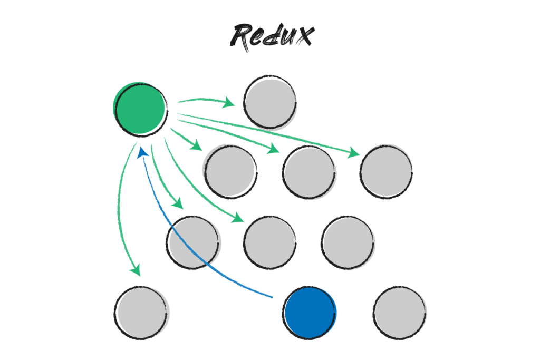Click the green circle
(x=140, y=108)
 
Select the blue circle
(x=310, y=313)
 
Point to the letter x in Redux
(x=303, y=36)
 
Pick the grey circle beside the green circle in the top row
(x=270, y=102)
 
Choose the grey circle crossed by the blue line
(x=194, y=242)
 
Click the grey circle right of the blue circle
(x=400, y=313)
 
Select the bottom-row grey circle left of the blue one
(x=142, y=313)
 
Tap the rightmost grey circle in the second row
(x=386, y=171)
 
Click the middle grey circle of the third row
(x=269, y=242)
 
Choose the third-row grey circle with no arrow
(x=348, y=242)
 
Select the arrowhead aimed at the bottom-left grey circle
(x=137, y=270)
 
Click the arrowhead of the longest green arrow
(x=354, y=153)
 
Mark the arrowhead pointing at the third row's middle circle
(x=238, y=217)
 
